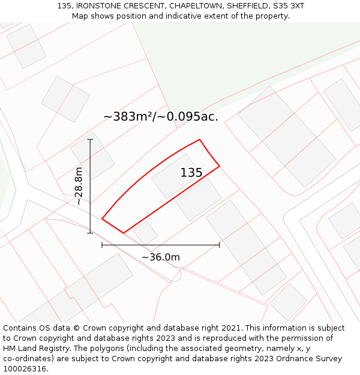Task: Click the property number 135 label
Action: (x=191, y=173)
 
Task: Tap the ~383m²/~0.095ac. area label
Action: (x=161, y=116)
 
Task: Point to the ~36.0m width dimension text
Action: (x=160, y=257)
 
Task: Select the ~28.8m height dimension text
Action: (x=79, y=186)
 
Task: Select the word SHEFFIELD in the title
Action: (x=247, y=5)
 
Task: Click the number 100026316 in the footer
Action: (x=24, y=369)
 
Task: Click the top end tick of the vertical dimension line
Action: (x=90, y=140)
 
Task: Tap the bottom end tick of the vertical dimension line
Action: (x=90, y=233)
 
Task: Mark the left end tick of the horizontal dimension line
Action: (x=102, y=245)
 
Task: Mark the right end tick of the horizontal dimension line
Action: (x=219, y=245)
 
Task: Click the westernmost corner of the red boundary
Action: (x=102, y=219)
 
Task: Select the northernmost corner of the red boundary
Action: (x=199, y=140)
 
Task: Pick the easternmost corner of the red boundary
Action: (x=219, y=166)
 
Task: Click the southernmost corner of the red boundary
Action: (x=124, y=233)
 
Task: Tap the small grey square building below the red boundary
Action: (x=146, y=232)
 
